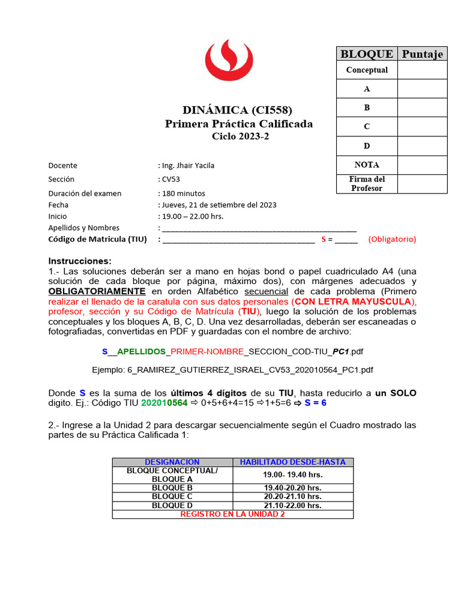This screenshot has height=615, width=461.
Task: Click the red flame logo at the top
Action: tap(229, 64)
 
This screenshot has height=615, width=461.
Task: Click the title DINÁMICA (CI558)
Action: tap(238, 110)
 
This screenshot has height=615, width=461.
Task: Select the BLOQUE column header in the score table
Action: tap(367, 54)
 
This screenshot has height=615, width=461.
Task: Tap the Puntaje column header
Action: tap(423, 54)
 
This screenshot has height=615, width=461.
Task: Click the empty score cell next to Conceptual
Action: tap(423, 70)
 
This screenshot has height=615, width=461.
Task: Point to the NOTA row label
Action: tap(367, 165)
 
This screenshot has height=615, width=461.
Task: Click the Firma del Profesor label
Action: tap(367, 184)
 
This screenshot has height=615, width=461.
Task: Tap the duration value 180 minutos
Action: tap(183, 193)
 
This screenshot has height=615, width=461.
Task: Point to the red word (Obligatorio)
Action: tap(392, 239)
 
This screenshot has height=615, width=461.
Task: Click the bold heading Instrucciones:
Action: tap(80, 261)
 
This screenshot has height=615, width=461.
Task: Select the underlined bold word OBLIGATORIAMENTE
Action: tap(97, 291)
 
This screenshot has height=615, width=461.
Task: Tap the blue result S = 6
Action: tap(315, 403)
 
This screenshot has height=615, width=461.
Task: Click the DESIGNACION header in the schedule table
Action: tap(172, 462)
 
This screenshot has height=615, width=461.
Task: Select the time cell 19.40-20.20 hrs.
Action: tap(292, 488)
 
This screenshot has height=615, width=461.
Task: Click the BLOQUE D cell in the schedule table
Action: tap(172, 506)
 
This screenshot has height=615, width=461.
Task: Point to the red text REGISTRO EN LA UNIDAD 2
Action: tap(232, 514)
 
